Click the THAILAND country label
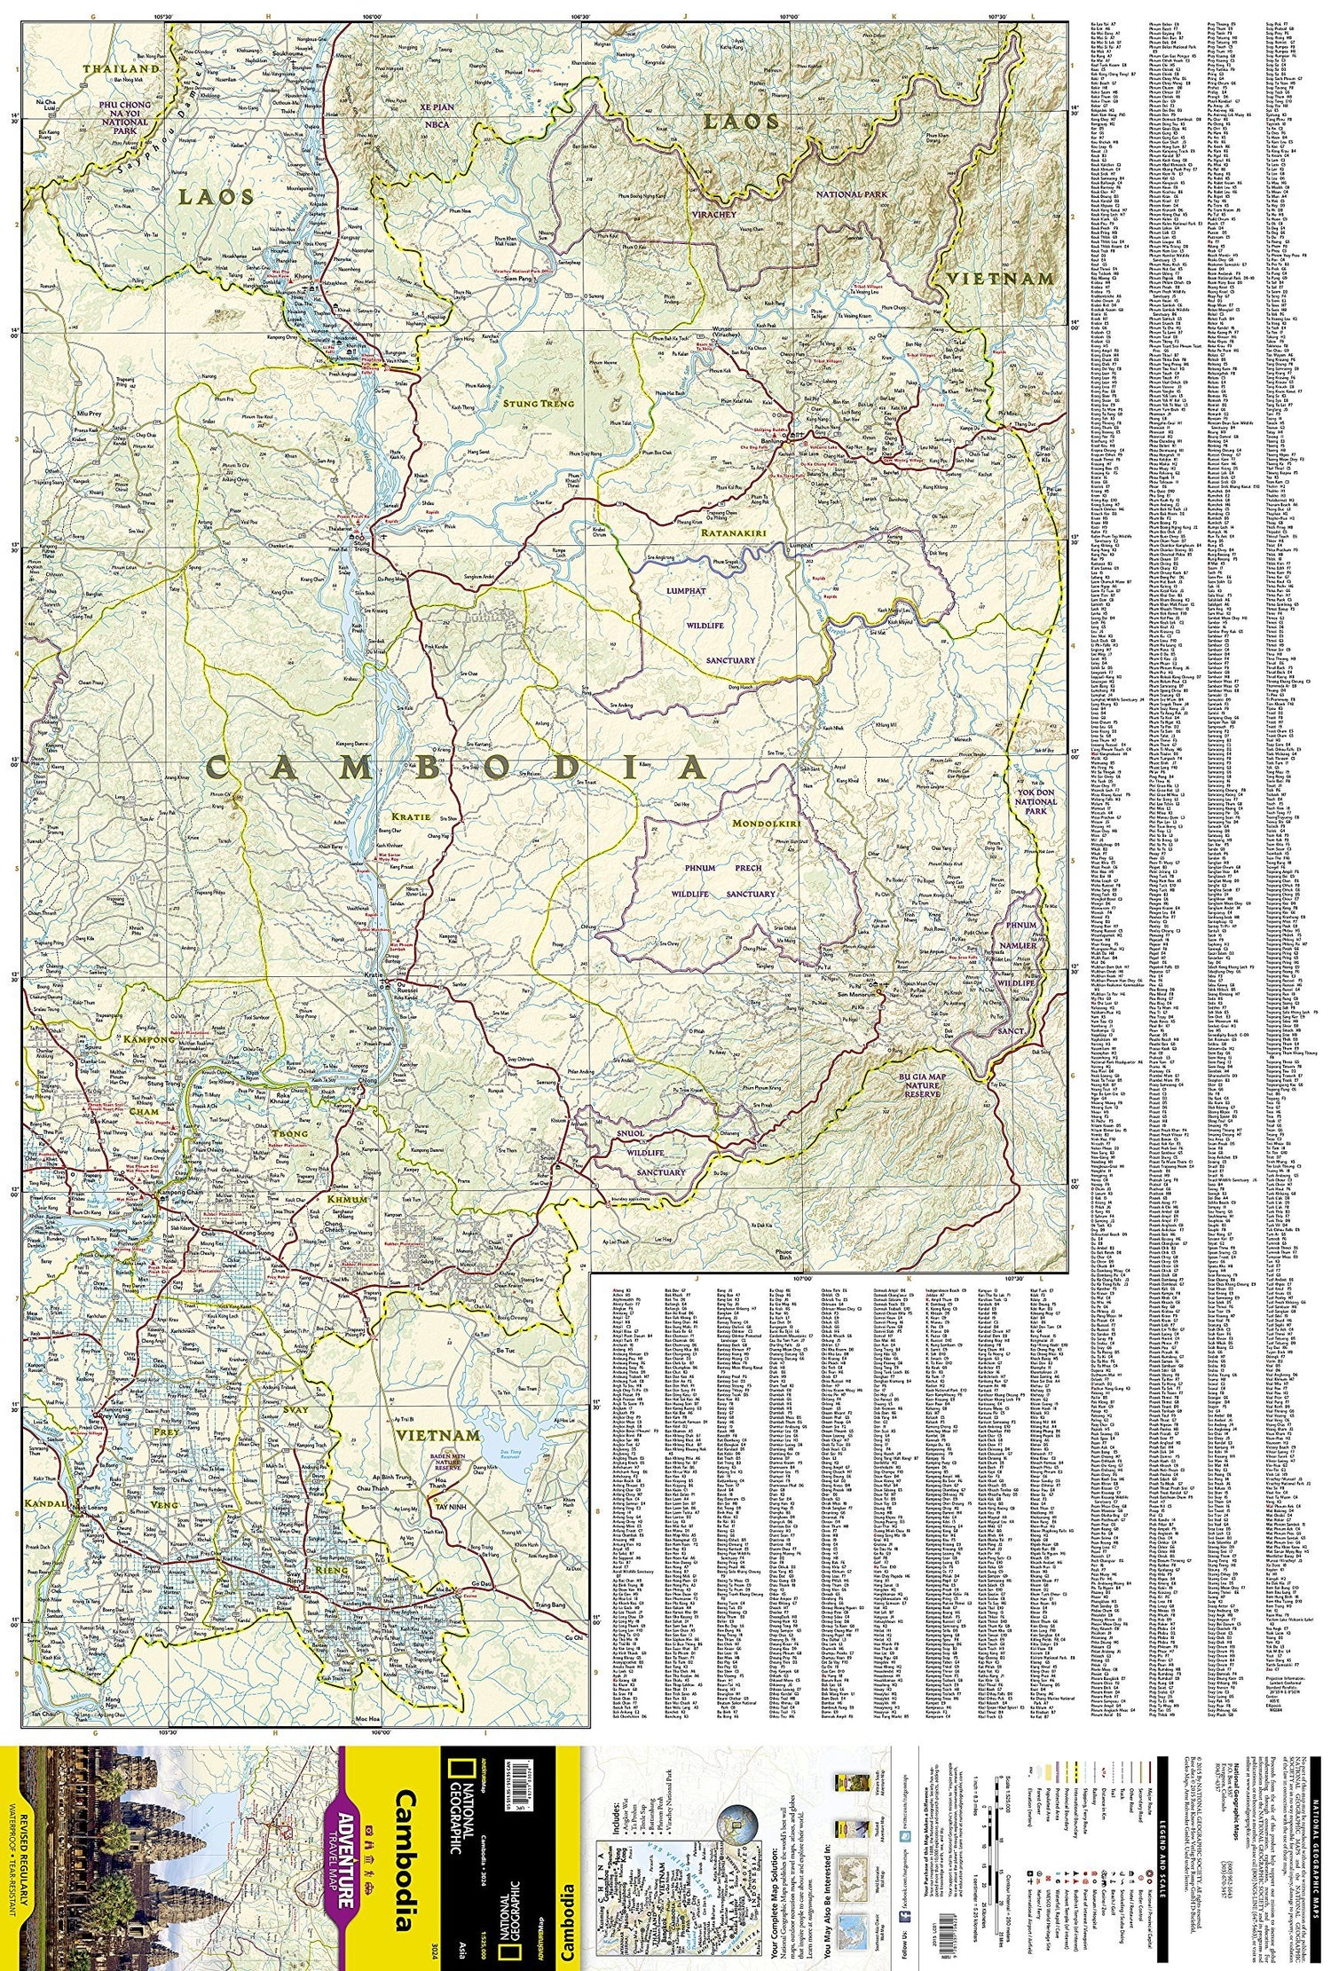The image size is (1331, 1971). click(x=121, y=68)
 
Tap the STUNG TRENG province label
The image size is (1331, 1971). click(x=538, y=403)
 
